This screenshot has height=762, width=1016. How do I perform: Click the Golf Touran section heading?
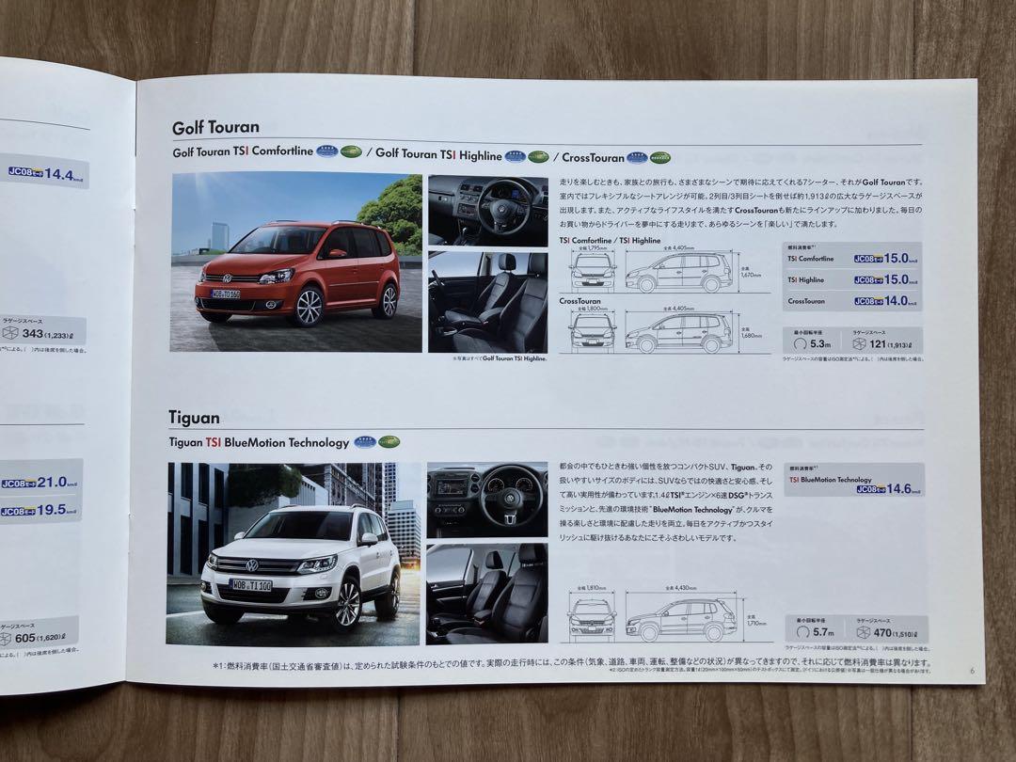click(215, 127)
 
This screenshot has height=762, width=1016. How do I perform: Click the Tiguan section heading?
click(194, 417)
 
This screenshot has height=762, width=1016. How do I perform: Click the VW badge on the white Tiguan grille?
click(252, 564)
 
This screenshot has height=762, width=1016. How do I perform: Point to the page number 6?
click(970, 670)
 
